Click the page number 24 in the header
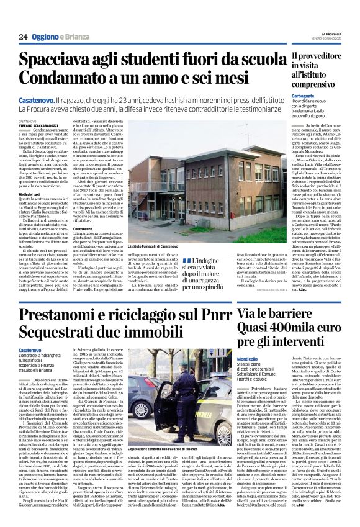23,36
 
